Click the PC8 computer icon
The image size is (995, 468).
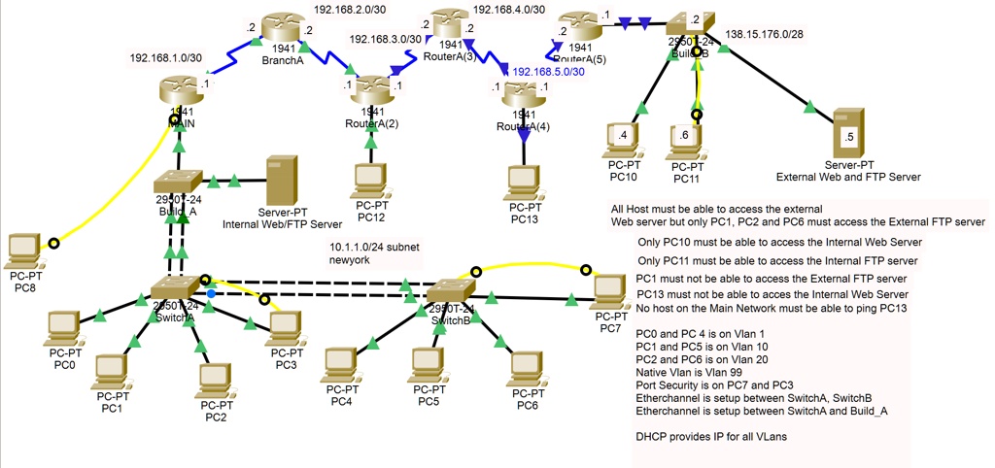pos(25,251)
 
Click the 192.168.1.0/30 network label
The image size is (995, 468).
pos(166,58)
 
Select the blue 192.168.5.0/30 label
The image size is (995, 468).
pos(550,73)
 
